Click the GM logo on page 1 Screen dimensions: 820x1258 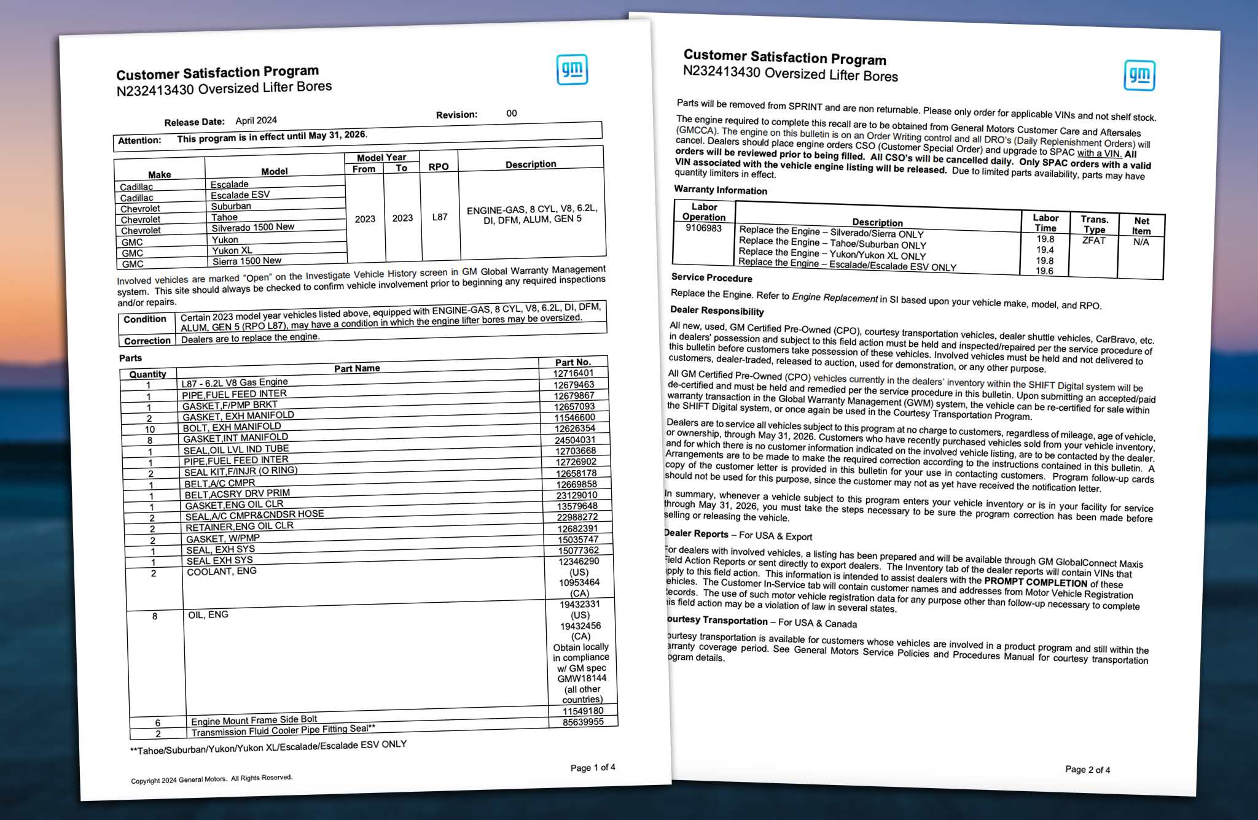[572, 70]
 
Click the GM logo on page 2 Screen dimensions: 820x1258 [1139, 75]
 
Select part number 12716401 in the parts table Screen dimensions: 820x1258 [573, 373]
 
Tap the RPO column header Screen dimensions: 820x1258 [439, 166]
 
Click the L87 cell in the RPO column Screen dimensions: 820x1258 [440, 217]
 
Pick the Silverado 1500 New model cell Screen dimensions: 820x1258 [253, 228]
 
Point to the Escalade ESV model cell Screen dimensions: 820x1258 [240, 195]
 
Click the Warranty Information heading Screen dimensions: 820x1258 [721, 190]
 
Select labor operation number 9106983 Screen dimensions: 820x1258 [704, 228]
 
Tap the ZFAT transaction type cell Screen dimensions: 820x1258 [1093, 241]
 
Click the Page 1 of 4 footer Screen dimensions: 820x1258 [593, 767]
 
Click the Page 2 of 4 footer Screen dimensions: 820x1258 [1087, 770]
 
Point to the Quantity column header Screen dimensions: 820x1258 [147, 374]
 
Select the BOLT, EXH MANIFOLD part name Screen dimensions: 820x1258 [232, 427]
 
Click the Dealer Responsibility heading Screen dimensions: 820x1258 [717, 311]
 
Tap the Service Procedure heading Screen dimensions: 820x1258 [711, 277]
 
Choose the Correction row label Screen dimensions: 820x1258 [147, 341]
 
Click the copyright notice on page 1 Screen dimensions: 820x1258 [211, 779]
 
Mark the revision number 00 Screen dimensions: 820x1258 [512, 114]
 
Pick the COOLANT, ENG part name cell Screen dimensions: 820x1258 [222, 571]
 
